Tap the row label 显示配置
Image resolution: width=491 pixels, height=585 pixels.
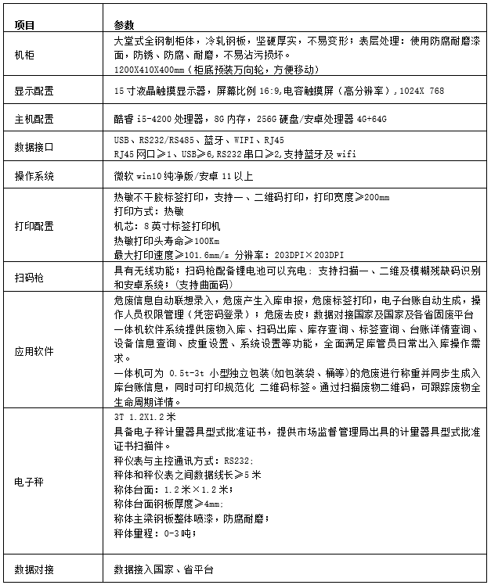pyautogui.click(x=34, y=92)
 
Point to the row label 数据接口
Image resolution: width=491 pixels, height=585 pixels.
pyautogui.click(x=34, y=146)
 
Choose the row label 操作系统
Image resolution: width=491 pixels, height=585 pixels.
pyautogui.click(x=34, y=176)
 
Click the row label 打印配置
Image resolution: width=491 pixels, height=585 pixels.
pyautogui.click(x=34, y=226)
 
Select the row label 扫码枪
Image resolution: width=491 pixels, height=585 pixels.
pyautogui.click(x=29, y=277)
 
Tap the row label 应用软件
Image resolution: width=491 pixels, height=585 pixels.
pyautogui.click(x=34, y=351)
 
